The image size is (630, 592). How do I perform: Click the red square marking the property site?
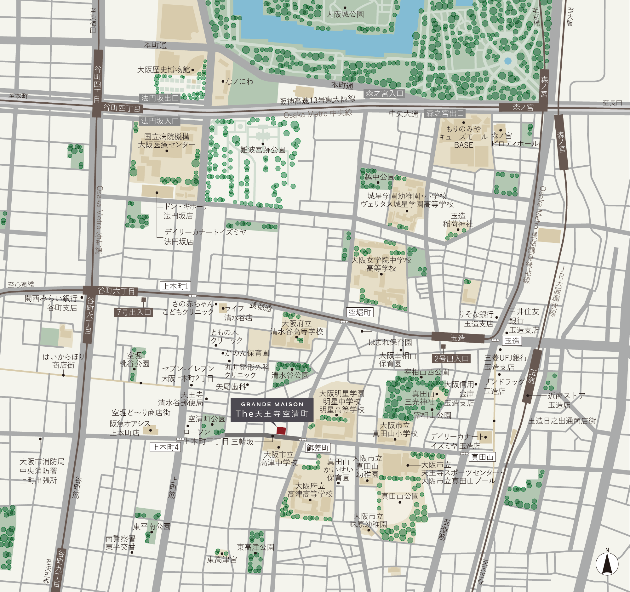[281, 430]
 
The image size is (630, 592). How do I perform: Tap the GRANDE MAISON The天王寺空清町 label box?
[272, 410]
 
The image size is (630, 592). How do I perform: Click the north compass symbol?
[607, 564]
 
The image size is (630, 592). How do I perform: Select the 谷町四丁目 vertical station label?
[98, 84]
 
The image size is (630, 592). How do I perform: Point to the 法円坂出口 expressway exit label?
[159, 98]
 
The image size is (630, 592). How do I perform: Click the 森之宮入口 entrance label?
[384, 94]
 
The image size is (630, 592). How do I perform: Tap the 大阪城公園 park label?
[345, 14]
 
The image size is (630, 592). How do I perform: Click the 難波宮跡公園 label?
[263, 150]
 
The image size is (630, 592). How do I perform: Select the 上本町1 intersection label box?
[175, 286]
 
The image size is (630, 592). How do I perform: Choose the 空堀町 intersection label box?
[360, 312]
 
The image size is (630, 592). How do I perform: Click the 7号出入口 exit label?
[134, 312]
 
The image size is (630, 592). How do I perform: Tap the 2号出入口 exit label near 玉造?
[451, 359]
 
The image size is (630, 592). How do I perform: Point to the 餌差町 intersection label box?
[318, 448]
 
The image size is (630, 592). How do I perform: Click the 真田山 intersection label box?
[482, 457]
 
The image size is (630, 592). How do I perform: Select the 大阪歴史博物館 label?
[163, 70]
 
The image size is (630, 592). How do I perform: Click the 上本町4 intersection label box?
[165, 447]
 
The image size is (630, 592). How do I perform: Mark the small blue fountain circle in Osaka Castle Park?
[508, 61]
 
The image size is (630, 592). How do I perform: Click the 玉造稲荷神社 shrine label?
[458, 220]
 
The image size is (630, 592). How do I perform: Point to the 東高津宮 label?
[222, 560]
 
